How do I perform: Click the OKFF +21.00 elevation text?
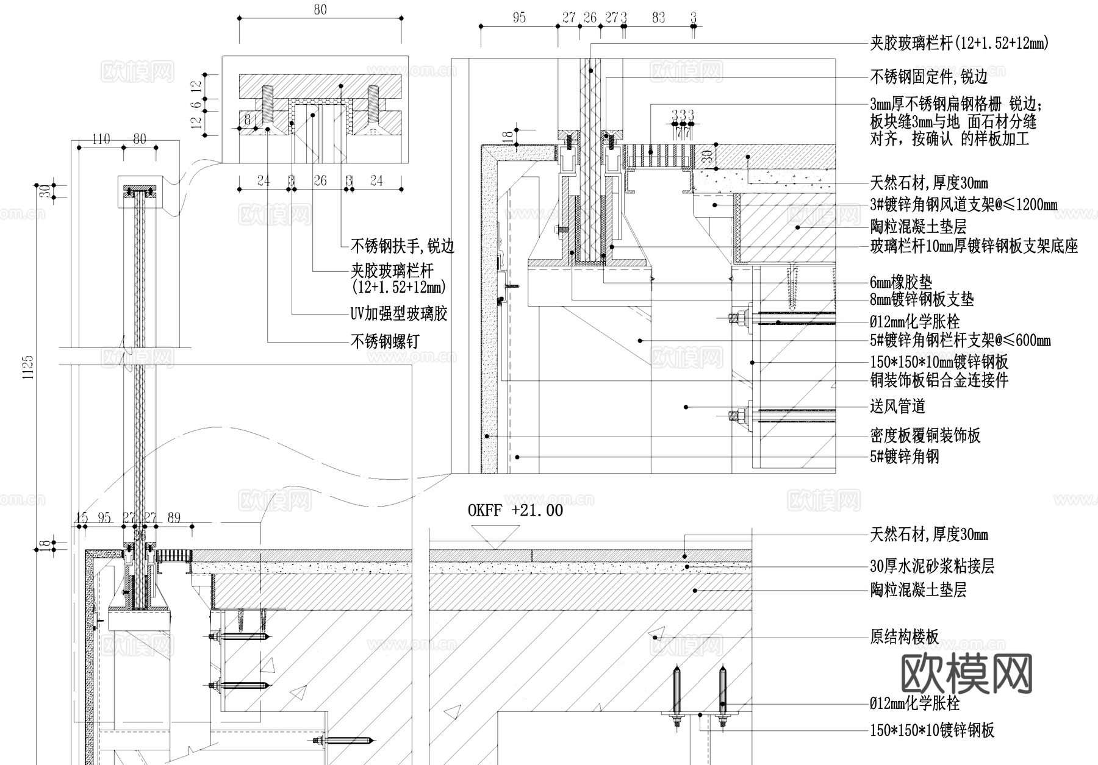click(x=515, y=510)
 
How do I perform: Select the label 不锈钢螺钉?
click(x=385, y=341)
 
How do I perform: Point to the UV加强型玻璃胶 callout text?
click(x=399, y=314)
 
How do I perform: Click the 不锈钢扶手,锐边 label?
click(x=403, y=246)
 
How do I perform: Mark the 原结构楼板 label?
click(x=904, y=638)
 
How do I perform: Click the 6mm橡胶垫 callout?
click(x=901, y=282)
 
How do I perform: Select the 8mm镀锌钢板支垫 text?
click(x=922, y=299)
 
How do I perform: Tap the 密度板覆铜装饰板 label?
click(x=925, y=435)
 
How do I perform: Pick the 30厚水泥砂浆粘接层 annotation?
click(x=931, y=566)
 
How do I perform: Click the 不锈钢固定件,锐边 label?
click(x=928, y=76)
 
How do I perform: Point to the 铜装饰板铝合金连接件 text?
click(x=939, y=380)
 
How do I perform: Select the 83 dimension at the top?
click(x=658, y=18)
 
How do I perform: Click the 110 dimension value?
click(x=101, y=140)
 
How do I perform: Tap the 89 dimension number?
click(x=174, y=518)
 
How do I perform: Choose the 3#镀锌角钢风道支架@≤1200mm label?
click(x=963, y=204)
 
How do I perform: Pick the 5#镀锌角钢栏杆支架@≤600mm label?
click(x=960, y=340)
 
